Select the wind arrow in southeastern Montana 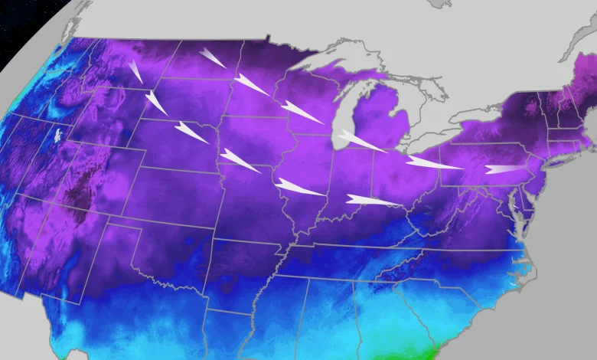(135, 71)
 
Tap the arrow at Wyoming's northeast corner (156, 103)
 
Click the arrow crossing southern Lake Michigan (360, 141)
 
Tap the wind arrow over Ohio (432, 163)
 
